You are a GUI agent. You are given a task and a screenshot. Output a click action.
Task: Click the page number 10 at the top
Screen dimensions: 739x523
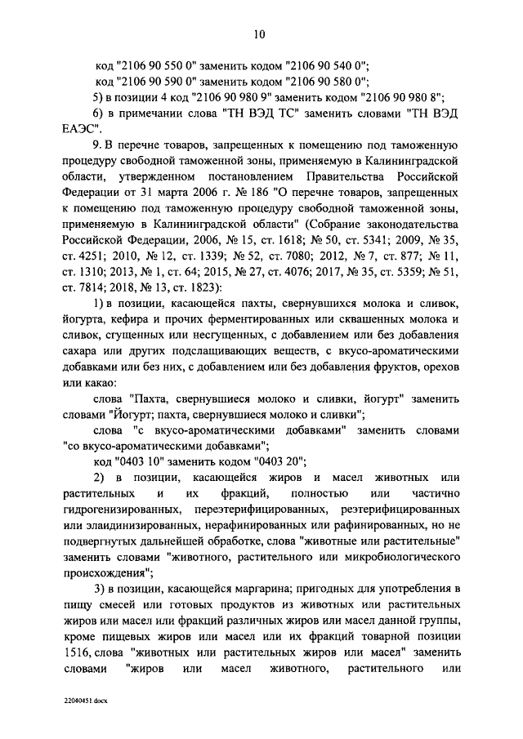tap(259, 33)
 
